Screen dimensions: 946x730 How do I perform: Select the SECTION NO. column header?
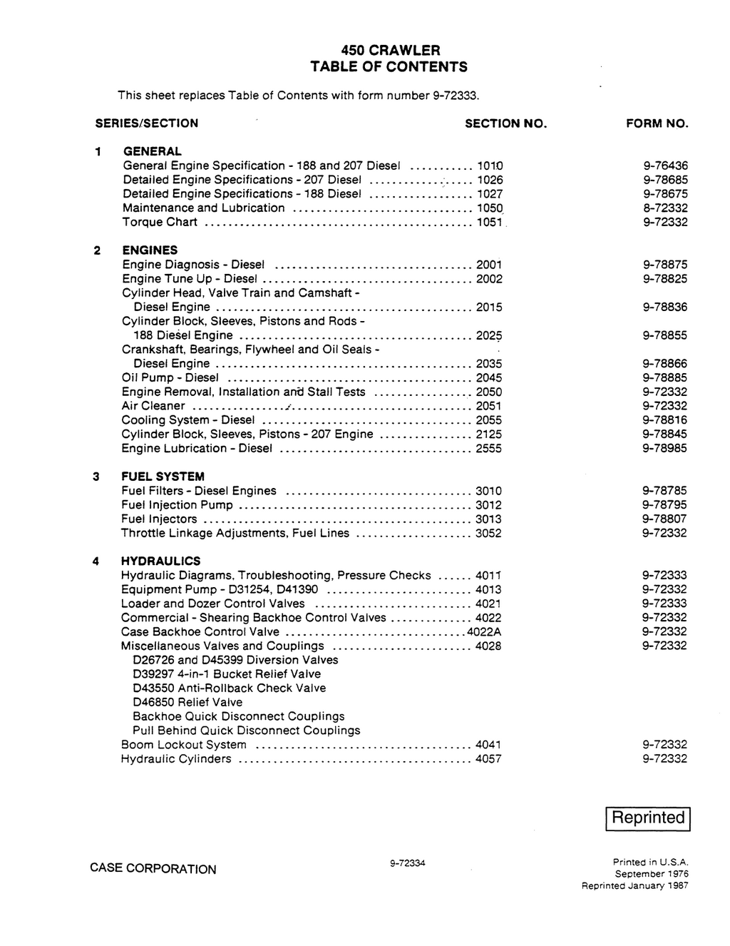(505, 123)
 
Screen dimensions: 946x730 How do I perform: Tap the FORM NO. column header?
(657, 123)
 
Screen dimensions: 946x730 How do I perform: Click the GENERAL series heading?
(153, 151)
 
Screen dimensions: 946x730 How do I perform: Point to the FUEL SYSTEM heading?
(163, 476)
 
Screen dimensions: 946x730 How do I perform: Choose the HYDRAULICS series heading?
(160, 561)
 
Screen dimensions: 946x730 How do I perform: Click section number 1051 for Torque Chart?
(489, 222)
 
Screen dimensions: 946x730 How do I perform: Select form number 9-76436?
(665, 166)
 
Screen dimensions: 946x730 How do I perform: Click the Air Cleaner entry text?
(153, 406)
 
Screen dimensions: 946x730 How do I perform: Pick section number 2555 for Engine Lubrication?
(488, 448)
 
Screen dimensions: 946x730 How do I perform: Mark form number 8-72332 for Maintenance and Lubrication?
(665, 208)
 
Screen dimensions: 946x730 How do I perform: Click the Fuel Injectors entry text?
(159, 519)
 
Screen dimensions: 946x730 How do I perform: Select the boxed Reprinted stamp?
(647, 818)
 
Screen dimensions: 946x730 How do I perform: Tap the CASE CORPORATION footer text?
(153, 869)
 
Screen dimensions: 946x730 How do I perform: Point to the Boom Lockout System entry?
(184, 744)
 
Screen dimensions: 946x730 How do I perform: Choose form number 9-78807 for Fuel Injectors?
(664, 519)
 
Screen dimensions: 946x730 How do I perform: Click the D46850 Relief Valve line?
(187, 702)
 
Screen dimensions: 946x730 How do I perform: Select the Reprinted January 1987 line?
(635, 885)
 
